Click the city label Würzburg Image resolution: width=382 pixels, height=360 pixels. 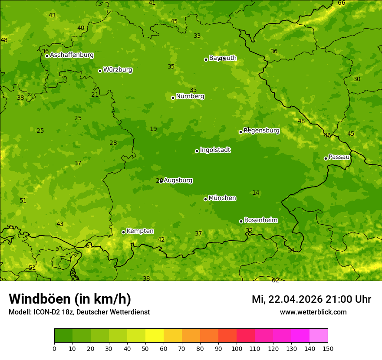(x=118, y=70)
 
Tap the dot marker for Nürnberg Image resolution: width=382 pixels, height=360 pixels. (x=173, y=98)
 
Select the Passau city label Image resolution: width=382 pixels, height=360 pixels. (x=339, y=157)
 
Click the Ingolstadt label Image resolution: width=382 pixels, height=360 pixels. (x=215, y=150)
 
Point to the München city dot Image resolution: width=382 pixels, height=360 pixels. (x=205, y=199)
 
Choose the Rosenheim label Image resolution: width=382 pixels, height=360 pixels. (x=260, y=220)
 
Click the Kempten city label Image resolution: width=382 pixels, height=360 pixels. (x=140, y=231)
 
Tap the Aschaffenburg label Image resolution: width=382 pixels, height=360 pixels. (x=72, y=55)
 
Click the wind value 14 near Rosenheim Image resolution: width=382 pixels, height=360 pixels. (x=256, y=193)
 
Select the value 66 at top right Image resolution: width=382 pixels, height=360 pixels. (x=342, y=3)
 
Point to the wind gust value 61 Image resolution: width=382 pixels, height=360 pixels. (x=89, y=246)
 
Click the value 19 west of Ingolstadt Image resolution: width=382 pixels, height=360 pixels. (x=153, y=129)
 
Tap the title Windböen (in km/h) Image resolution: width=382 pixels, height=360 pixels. (x=69, y=299)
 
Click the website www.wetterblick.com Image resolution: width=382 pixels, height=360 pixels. (x=313, y=312)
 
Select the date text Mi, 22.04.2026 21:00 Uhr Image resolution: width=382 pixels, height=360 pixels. (x=311, y=299)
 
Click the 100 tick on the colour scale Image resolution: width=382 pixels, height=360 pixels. (x=237, y=348)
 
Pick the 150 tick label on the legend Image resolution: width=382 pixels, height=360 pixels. (x=328, y=348)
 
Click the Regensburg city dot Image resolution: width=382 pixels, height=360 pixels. (x=240, y=132)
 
